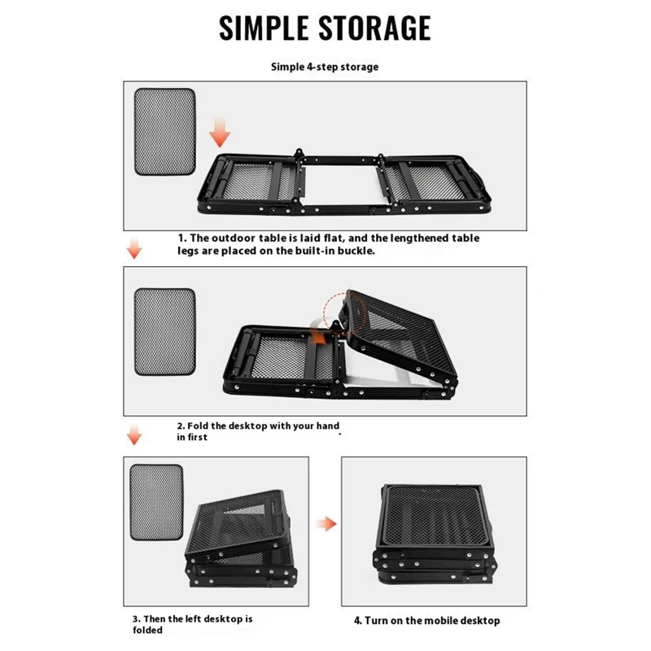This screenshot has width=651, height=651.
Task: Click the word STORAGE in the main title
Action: tap(375, 28)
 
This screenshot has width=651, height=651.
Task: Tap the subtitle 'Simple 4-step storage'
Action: tap(325, 67)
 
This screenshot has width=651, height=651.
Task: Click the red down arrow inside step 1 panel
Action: tap(220, 132)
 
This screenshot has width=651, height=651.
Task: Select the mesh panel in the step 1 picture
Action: tap(165, 132)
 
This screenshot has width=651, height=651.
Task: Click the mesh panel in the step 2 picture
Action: tap(165, 332)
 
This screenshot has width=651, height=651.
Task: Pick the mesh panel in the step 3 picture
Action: tap(156, 502)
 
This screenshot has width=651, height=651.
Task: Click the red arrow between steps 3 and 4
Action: tap(327, 523)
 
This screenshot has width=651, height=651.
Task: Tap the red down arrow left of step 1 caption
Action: tap(134, 248)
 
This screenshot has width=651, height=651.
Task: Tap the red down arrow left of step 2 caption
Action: tap(134, 435)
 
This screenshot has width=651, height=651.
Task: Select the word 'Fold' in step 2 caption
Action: tap(198, 426)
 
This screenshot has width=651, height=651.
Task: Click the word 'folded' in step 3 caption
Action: tap(147, 630)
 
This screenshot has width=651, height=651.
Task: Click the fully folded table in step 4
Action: tap(435, 535)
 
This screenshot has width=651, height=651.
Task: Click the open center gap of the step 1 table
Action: tap(341, 186)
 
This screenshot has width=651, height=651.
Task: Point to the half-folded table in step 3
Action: tap(241, 539)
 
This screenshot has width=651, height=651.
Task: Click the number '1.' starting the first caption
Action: tap(182, 238)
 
